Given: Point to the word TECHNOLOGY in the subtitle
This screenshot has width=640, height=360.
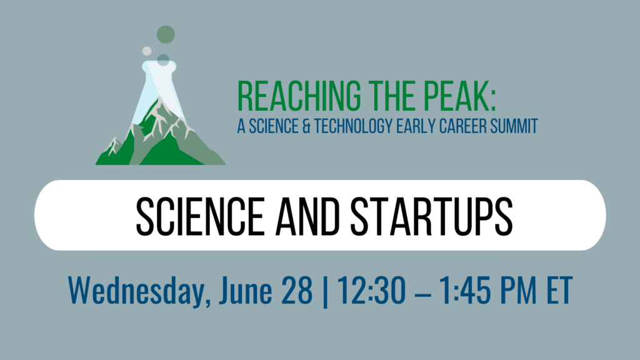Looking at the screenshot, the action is pos(353,126).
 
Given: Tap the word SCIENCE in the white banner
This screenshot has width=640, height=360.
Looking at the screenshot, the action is pos(200,216).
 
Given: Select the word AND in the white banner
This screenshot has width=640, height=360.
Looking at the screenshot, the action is pos(307,216).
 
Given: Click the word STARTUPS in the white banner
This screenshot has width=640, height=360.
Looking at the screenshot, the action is pos(431,216).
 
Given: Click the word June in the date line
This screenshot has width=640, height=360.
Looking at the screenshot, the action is pos(245,291).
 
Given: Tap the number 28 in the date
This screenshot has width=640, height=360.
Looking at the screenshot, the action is pos(297,291).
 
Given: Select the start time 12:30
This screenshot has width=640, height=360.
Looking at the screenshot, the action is pos(372,291).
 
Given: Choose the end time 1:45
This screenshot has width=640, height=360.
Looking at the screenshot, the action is pos(465,291).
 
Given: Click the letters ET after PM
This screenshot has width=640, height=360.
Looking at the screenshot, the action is pos(559,291).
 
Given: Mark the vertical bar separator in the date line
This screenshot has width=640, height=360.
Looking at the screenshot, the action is pos(325,291).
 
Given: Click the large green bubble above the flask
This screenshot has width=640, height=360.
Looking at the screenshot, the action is pos(166,34).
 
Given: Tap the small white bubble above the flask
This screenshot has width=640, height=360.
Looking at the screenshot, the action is pos(146,51).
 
